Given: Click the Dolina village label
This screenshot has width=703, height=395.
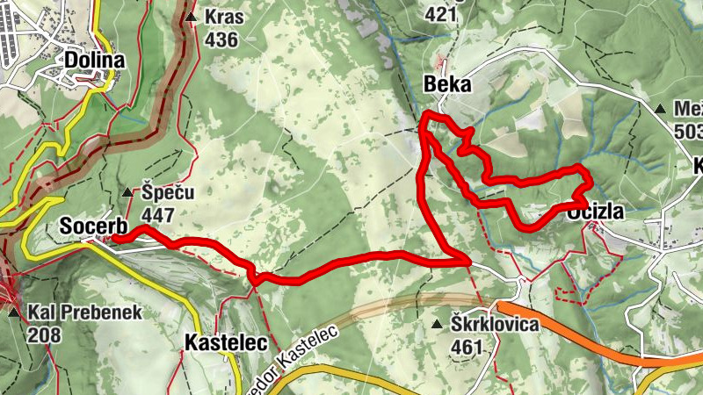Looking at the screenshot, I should tap(94, 60).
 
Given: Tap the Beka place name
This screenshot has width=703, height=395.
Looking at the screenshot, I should tap(447, 84).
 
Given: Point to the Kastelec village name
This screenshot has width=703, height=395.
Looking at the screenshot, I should tap(226, 343).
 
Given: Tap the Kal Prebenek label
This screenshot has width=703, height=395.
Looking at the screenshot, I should tap(84, 312).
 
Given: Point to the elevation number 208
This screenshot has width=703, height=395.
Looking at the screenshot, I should tap(45, 334).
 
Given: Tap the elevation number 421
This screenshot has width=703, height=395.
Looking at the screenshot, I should tap(440, 14).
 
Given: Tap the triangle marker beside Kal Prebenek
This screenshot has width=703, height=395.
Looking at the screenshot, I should tap(14, 312).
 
